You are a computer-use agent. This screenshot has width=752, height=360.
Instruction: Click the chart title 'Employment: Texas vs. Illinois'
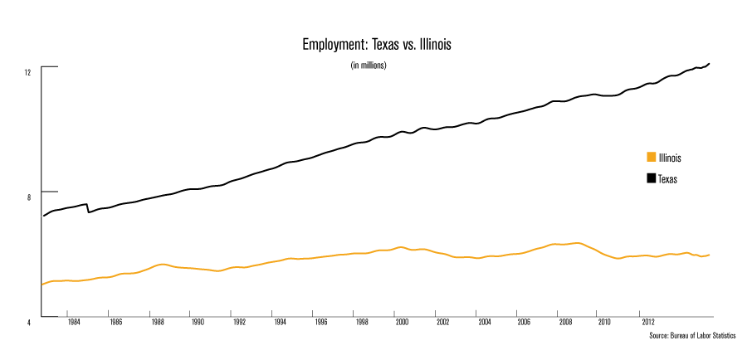click(x=376, y=44)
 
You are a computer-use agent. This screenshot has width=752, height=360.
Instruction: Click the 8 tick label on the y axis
click(x=29, y=197)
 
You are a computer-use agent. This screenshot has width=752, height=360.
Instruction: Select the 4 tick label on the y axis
click(x=29, y=322)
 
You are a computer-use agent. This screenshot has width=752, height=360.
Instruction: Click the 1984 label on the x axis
click(x=74, y=321)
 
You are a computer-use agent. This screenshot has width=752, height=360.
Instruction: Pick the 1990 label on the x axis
click(x=197, y=321)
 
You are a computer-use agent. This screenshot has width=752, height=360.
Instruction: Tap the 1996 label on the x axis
click(x=320, y=321)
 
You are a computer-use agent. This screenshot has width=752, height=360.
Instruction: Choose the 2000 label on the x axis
click(x=401, y=321)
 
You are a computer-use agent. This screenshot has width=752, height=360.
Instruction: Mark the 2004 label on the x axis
click(x=482, y=321)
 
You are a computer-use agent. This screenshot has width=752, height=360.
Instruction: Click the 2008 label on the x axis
click(x=564, y=321)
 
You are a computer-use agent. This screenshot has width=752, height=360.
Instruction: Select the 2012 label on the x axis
click(x=646, y=321)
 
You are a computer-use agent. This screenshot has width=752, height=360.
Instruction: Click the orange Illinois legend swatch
click(x=651, y=158)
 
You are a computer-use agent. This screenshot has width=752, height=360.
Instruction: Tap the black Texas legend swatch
click(x=651, y=178)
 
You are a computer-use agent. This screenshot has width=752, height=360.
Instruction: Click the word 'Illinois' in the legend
click(x=671, y=158)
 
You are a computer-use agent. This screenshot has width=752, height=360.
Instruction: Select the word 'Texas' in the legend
click(x=668, y=178)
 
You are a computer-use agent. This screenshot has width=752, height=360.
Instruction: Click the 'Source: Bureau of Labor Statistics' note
click(x=691, y=336)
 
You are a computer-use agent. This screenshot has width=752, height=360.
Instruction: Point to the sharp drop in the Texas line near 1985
click(x=88, y=209)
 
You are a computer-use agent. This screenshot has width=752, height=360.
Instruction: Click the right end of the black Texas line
click(x=710, y=63)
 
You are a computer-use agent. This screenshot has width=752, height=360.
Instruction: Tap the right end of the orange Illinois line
click(x=710, y=255)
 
